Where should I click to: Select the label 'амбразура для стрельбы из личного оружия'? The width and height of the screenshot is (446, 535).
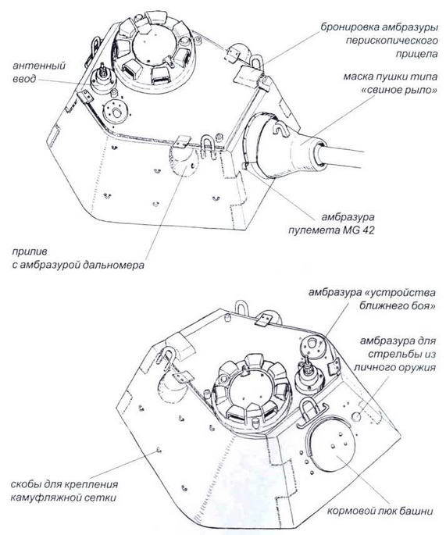click(x=391, y=354)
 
